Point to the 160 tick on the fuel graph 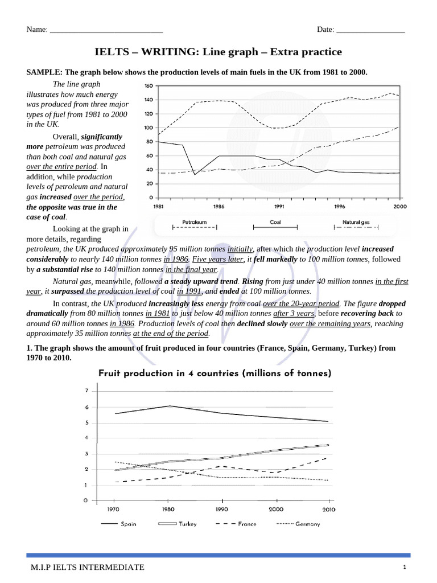[149, 86]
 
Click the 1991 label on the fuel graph [279, 207]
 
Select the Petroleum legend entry [194, 222]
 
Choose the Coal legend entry [275, 222]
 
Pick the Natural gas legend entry [356, 222]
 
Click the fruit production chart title [215, 373]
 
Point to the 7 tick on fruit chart [86, 391]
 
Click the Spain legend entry [127, 524]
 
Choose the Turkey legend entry [188, 524]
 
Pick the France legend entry [247, 524]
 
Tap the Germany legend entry [307, 524]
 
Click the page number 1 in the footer [404, 567]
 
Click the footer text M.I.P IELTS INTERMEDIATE [88, 567]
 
